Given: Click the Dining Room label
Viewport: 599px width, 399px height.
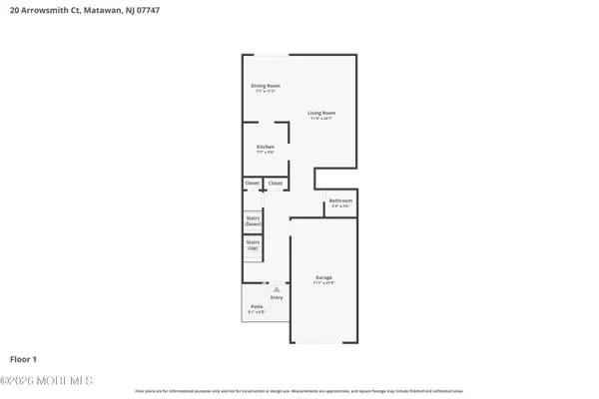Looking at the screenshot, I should (265, 86).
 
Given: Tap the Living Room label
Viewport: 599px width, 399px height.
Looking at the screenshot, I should (321, 113).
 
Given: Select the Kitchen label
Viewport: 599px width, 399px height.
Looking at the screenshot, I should (265, 147).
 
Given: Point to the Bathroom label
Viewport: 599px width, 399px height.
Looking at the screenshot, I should (340, 201).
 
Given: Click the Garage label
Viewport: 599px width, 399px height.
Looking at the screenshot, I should (323, 276).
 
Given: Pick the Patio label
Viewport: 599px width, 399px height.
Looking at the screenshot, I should (256, 305).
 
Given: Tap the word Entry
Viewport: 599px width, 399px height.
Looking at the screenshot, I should (277, 296).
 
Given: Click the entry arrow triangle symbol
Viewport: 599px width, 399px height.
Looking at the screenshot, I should (265, 288).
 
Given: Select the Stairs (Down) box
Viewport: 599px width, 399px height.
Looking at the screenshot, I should (254, 222).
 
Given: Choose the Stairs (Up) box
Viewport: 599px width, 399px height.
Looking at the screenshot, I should (254, 245).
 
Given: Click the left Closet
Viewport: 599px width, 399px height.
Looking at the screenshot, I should (252, 184).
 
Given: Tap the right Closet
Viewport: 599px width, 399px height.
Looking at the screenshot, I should (275, 184).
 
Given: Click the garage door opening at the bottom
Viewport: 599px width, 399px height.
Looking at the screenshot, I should (323, 342).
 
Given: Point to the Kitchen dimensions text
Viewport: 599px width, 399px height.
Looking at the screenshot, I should (265, 153).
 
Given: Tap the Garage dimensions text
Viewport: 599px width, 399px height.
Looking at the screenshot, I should (323, 282).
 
